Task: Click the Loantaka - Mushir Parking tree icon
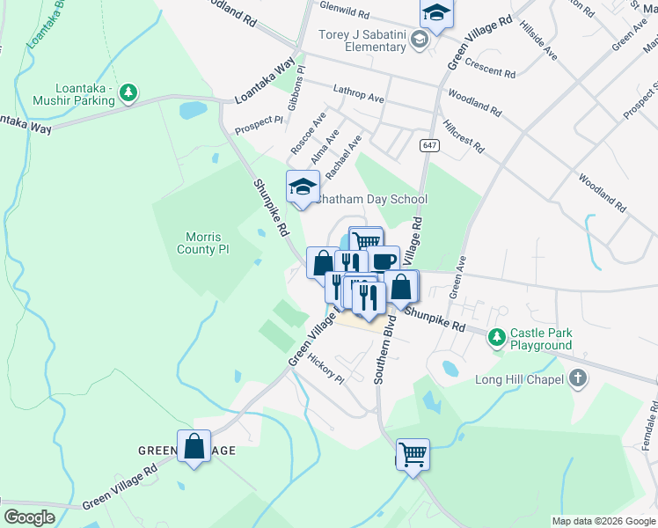pos(128,92)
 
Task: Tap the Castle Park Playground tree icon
pos(497,336)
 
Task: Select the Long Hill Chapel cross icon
pos(577,378)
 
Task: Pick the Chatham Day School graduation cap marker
pos(301,187)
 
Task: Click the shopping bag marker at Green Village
pos(194,447)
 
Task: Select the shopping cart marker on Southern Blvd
pos(413,455)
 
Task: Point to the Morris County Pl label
pos(208,243)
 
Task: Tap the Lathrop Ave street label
pos(359,94)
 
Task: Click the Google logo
pos(29,517)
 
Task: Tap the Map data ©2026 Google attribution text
pos(603,521)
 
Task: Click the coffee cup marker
pos(384,261)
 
